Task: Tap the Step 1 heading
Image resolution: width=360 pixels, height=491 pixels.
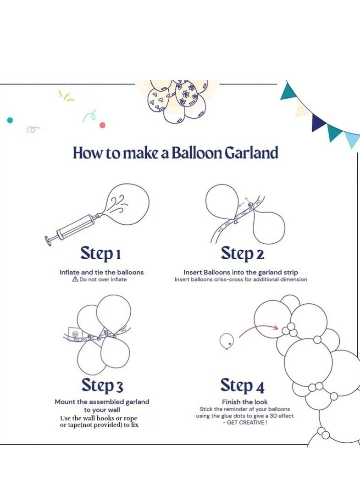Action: click(100, 254)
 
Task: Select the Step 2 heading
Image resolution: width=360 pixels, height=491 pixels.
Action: click(242, 254)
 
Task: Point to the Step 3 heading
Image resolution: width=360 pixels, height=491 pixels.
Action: click(102, 385)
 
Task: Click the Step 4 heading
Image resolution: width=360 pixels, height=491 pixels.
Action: click(242, 385)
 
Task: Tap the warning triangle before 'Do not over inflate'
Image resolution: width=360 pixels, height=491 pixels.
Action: click(75, 279)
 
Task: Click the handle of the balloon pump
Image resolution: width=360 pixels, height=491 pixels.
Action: click(49, 240)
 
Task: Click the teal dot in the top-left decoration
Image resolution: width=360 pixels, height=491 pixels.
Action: click(10, 120)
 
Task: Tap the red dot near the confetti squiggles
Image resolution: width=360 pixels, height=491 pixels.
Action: click(102, 125)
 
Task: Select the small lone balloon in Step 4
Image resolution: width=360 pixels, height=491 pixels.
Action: click(227, 341)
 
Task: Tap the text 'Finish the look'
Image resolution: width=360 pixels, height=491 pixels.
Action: click(245, 402)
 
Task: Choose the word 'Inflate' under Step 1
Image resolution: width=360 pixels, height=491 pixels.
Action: click(70, 273)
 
